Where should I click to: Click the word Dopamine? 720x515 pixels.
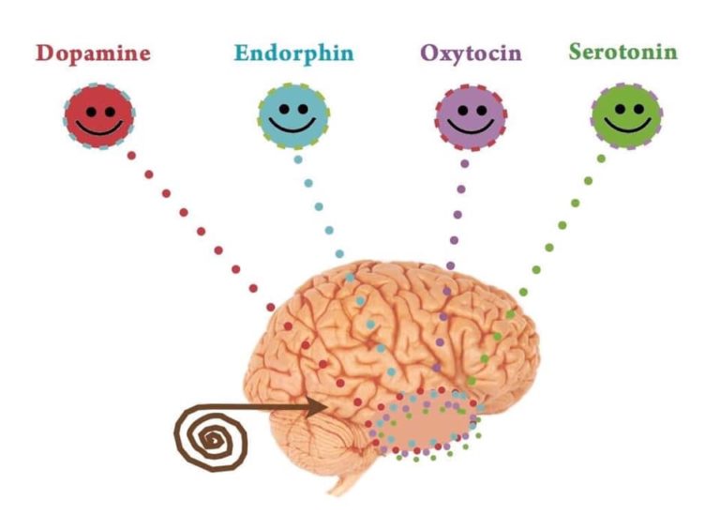(x=93, y=53)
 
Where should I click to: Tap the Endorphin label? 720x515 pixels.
(x=293, y=53)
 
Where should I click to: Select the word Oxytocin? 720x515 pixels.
(x=472, y=53)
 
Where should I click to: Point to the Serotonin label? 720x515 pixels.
(x=623, y=52)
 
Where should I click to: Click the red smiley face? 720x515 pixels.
(x=99, y=116)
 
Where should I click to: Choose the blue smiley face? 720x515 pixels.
(x=293, y=115)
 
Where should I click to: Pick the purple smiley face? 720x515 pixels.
(x=472, y=117)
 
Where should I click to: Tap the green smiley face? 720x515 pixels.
(x=627, y=116)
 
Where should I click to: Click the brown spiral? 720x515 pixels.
(x=211, y=437)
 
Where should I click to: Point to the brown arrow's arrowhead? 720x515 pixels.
(x=319, y=407)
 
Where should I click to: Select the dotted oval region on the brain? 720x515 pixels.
(x=425, y=424)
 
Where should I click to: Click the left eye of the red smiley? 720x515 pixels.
(x=91, y=112)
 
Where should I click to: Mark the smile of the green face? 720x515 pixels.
(x=627, y=125)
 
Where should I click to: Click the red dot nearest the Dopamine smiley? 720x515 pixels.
(x=131, y=156)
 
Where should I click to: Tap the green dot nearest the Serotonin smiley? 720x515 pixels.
(x=601, y=159)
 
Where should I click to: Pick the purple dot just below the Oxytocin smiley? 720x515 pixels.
(x=465, y=163)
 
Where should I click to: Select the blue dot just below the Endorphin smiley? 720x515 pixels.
(x=298, y=159)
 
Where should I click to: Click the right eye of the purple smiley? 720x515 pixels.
(x=481, y=111)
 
